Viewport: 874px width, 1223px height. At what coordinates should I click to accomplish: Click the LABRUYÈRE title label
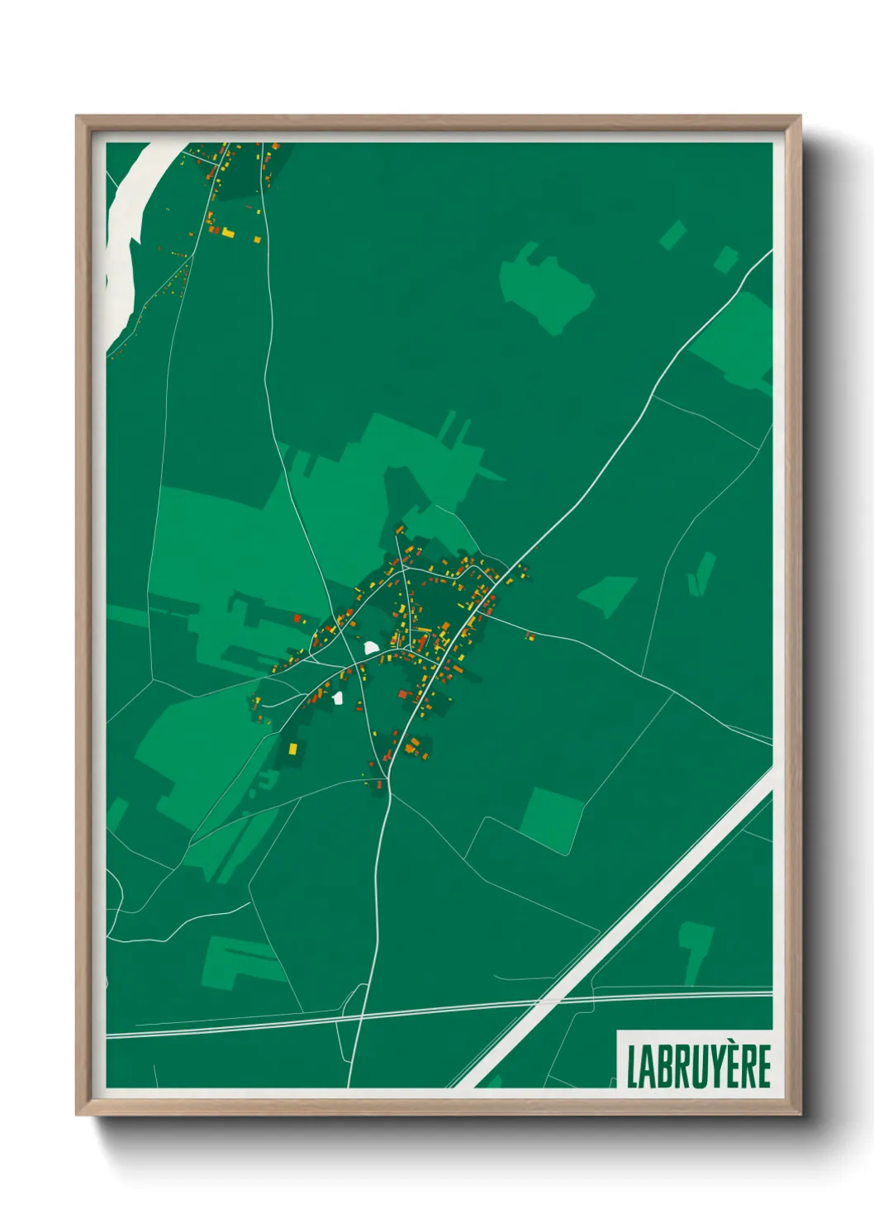(698, 1066)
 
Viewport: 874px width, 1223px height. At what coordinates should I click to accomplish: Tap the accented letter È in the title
(728, 1066)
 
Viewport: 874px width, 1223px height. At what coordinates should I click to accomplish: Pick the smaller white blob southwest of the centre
(338, 698)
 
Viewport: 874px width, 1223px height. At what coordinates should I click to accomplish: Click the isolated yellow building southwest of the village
(292, 748)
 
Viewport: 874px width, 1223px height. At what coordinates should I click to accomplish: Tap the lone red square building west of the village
(297, 617)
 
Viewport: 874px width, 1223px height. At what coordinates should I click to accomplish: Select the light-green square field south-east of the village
(550, 818)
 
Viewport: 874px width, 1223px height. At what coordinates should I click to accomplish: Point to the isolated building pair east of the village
(528, 635)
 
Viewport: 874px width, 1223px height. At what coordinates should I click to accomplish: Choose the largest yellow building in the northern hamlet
(227, 233)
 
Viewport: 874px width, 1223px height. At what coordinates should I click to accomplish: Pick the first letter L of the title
(634, 1067)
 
